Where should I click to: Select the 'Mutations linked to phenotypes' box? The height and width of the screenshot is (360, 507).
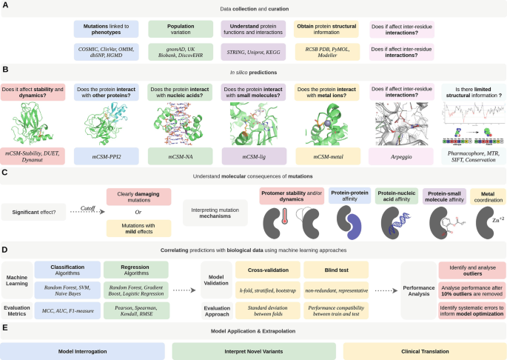click(x=106, y=30)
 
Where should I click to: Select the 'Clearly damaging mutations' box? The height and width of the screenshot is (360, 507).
click(x=141, y=197)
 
